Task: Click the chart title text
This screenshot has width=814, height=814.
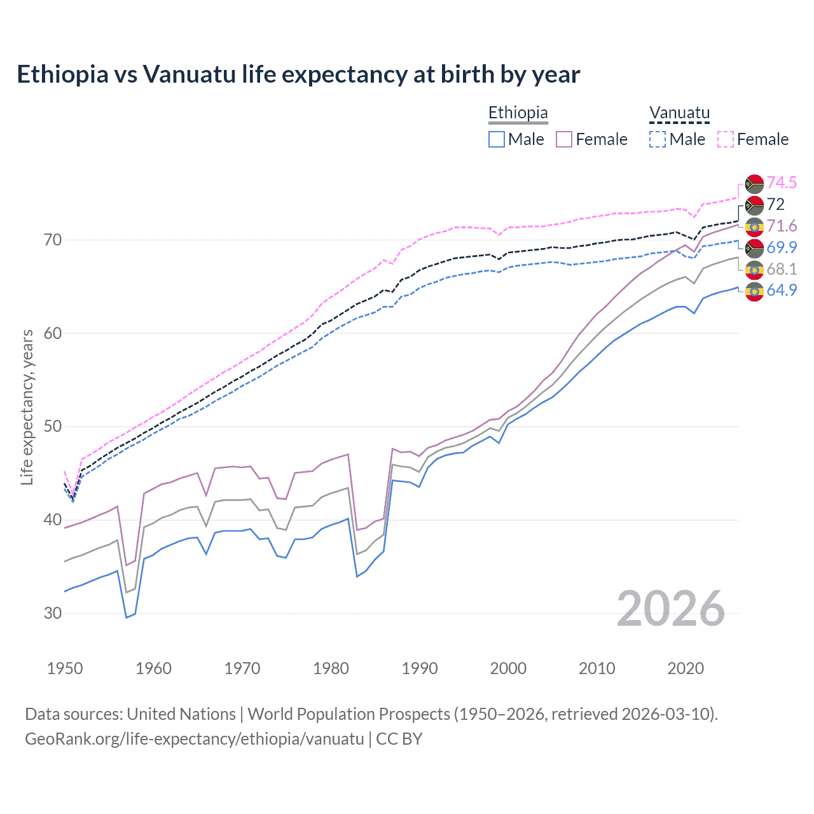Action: (x=298, y=74)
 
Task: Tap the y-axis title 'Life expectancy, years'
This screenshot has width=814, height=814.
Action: (x=27, y=407)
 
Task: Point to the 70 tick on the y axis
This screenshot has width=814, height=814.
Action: (x=53, y=240)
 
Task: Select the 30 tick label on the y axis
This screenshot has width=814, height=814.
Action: (x=53, y=613)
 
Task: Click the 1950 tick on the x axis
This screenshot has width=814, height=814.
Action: (x=65, y=668)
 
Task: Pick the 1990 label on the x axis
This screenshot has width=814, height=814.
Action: (x=420, y=668)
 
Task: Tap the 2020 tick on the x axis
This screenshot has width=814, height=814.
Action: (x=686, y=668)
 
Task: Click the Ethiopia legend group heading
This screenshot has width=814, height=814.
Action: (x=518, y=113)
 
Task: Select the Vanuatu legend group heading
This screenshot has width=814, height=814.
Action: (x=679, y=113)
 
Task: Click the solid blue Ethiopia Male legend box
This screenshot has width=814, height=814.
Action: (x=497, y=139)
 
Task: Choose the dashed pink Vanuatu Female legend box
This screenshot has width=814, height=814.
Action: (x=726, y=139)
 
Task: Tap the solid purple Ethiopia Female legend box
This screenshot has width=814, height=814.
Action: (x=564, y=139)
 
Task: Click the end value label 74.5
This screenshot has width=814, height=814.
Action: (x=782, y=183)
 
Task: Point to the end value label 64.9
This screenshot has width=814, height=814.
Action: (x=782, y=291)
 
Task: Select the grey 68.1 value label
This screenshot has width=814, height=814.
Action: (x=782, y=269)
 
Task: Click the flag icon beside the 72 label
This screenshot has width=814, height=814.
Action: (x=754, y=205)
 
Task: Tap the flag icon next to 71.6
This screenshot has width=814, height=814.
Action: (x=754, y=226)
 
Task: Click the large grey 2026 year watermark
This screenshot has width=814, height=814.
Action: (x=670, y=609)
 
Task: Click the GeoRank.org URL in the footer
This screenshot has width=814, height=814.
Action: (x=194, y=739)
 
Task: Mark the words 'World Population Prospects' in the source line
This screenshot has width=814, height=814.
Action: (x=348, y=714)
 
